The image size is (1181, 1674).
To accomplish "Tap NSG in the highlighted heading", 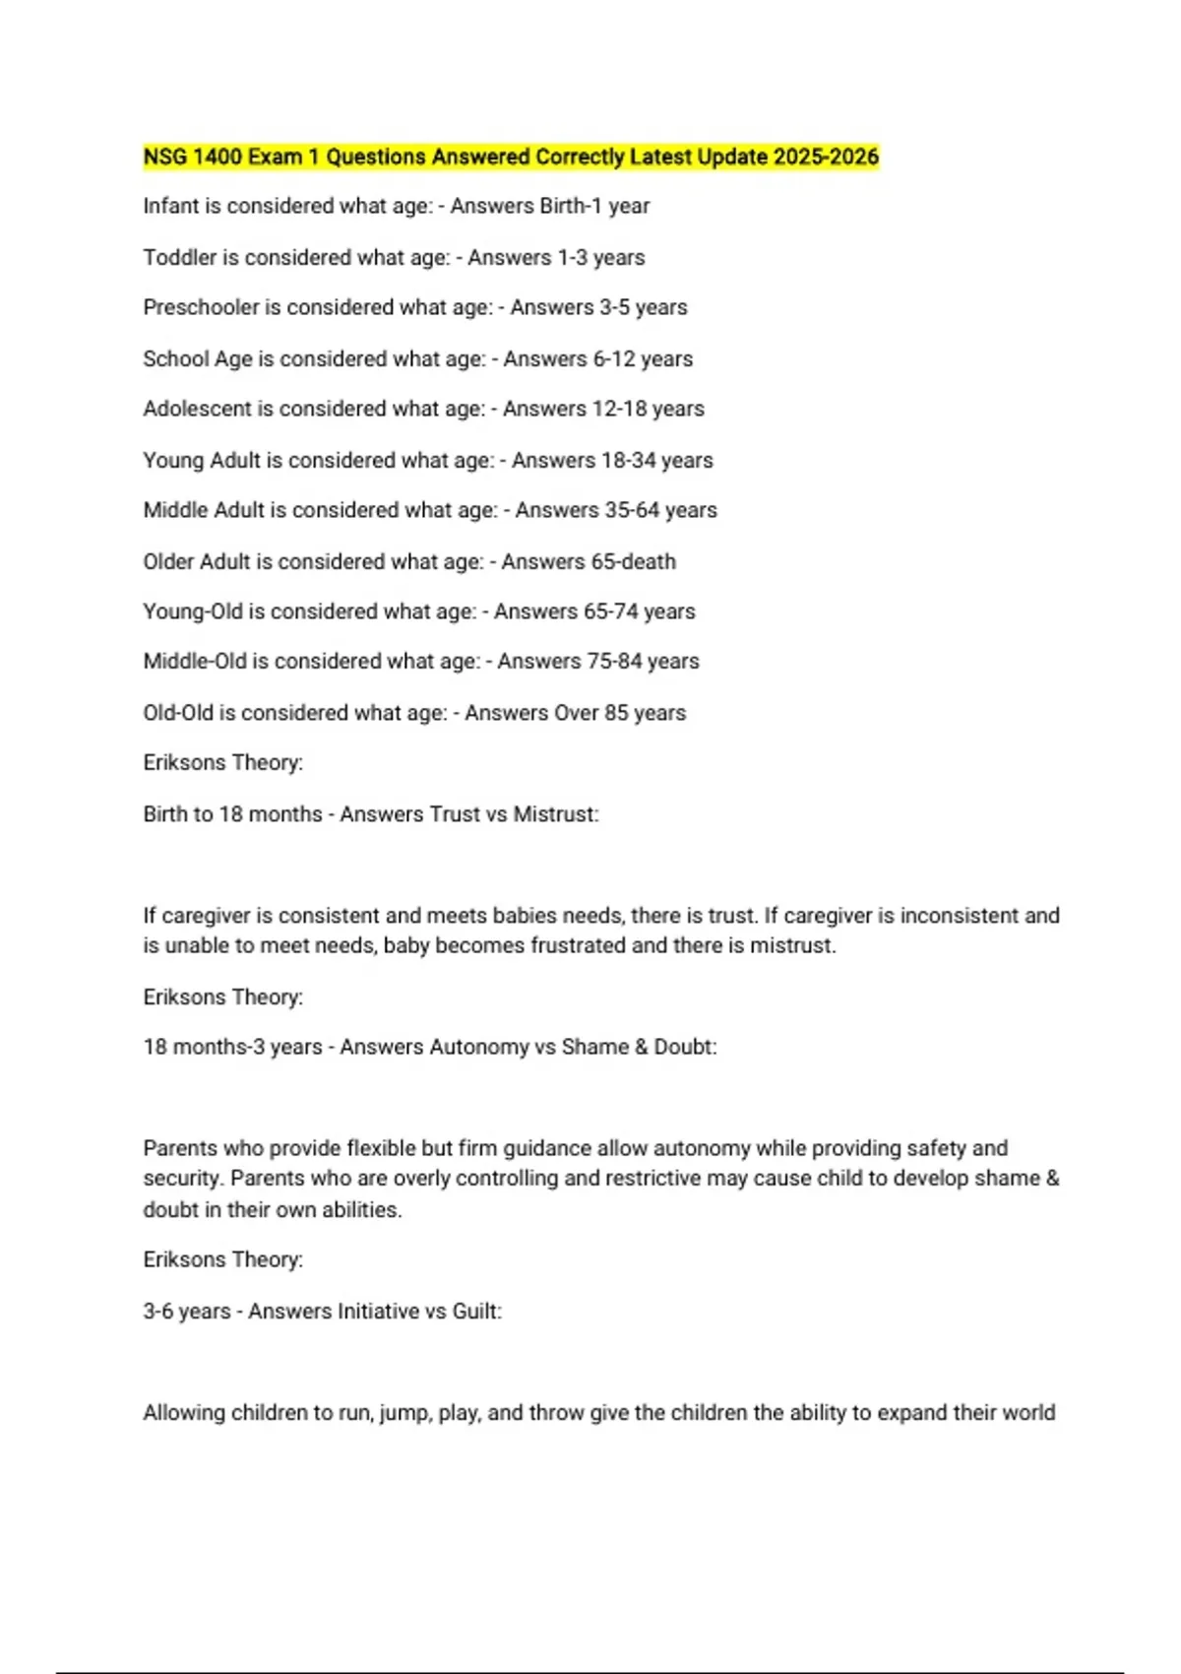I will click(165, 157).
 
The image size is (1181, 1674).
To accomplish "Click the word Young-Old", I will click(193, 612).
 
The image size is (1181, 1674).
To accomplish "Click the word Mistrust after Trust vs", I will click(555, 814).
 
